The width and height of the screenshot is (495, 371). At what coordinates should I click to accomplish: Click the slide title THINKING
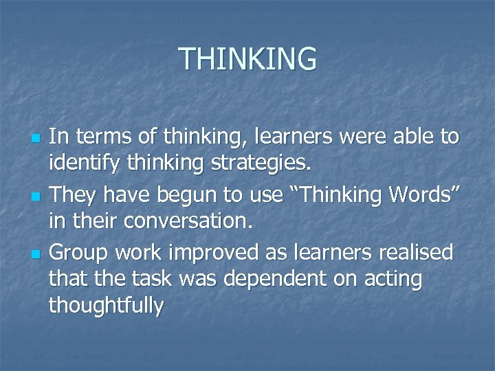coord(248,60)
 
